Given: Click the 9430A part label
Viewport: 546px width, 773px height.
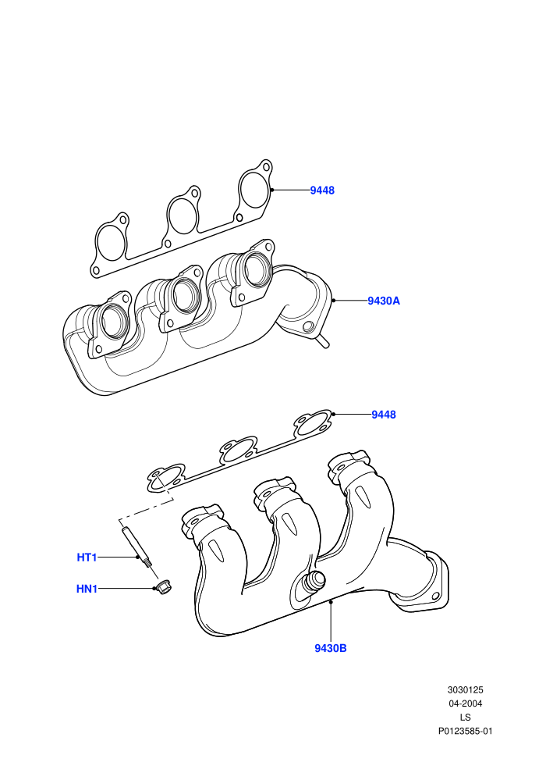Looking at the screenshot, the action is tap(384, 301).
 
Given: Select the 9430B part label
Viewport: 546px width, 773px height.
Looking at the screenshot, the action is tap(331, 648).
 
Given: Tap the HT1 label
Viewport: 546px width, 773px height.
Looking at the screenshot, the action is tap(87, 557).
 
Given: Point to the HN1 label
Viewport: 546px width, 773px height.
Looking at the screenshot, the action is tap(87, 589).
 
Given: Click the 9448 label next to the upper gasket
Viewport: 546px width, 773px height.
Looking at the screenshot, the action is tap(322, 191).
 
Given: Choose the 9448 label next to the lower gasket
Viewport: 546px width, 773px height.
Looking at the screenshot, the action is tap(384, 415).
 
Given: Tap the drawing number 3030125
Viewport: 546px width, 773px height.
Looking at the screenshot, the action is tap(465, 690).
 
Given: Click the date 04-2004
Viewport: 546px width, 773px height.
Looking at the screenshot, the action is tap(465, 704).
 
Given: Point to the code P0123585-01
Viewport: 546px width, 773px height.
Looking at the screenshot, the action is tap(465, 731).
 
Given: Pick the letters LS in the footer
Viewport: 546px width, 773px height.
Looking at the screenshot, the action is tap(465, 718).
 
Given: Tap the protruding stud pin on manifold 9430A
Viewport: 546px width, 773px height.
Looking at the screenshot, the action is tap(323, 341).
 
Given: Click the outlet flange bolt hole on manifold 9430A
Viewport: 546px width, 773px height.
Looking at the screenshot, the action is tap(309, 326).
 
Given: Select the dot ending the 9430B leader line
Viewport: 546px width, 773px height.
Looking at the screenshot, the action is tap(331, 601).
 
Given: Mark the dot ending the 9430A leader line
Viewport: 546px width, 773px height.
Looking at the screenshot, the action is tap(333, 300).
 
